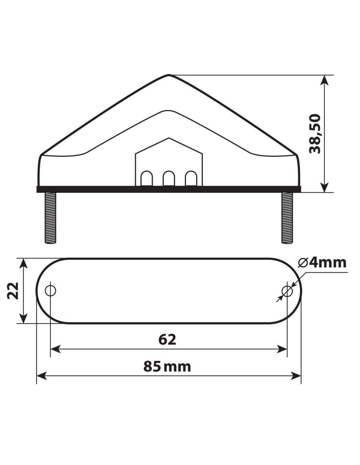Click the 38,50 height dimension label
pos(315,134)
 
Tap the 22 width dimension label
pos(13,291)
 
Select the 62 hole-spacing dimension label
pos(167,339)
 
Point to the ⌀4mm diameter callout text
pos(322,263)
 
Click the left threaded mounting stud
pos(50,218)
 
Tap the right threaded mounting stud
pos(287,218)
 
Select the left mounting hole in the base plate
pos(50,291)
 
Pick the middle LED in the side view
pos(169,178)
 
